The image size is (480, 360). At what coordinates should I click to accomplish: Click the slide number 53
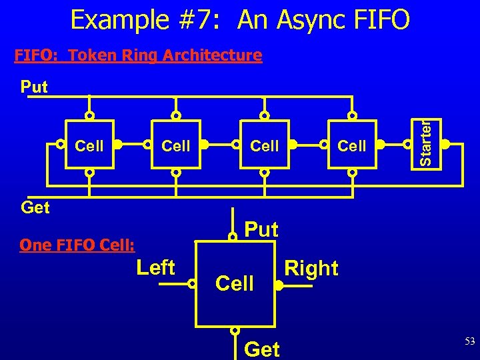coord(469,341)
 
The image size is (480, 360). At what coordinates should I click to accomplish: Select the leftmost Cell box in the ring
coord(89,145)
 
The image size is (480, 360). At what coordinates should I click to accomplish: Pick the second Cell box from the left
coord(177,145)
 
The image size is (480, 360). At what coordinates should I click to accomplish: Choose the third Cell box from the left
coord(265,145)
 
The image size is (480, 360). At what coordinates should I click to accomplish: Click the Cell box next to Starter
coord(352,145)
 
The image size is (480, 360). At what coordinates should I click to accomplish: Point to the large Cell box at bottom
coord(235,283)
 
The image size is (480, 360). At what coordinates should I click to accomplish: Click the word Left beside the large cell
coord(155,268)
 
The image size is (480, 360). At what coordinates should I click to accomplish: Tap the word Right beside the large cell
coord(311,268)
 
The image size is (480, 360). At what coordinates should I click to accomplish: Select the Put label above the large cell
coord(262,229)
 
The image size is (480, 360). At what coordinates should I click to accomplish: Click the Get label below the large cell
coord(263,348)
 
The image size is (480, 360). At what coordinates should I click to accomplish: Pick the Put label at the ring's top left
coord(34,87)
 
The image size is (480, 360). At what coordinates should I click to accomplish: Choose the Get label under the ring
coord(35,207)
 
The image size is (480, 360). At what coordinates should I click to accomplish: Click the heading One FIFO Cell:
coord(77,245)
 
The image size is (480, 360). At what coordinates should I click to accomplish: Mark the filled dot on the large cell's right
coord(278,285)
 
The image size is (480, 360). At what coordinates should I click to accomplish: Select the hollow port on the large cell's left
coord(192,284)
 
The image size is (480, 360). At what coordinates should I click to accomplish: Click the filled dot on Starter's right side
coord(445,143)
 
